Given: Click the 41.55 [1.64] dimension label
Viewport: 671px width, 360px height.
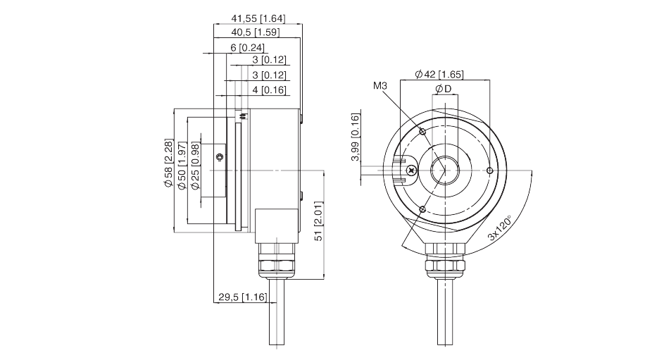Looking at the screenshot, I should (258, 18).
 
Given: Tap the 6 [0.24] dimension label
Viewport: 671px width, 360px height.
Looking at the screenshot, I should (246, 47).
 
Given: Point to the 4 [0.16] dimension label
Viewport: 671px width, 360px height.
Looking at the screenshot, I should (268, 89).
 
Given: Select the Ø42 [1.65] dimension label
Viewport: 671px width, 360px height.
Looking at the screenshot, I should (439, 74).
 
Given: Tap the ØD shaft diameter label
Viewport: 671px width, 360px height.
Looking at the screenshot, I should (444, 88).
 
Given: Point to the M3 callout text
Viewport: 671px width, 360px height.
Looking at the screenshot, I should (381, 86).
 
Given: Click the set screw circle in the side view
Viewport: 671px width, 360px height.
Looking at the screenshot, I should (220, 156).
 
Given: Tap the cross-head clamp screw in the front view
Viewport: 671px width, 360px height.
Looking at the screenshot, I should (411, 170).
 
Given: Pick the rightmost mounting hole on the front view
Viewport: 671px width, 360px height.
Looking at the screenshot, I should (490, 170).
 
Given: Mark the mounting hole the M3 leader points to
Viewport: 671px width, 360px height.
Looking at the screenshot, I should (422, 132).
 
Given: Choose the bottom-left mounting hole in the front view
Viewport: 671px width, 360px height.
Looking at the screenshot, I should (422, 209).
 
